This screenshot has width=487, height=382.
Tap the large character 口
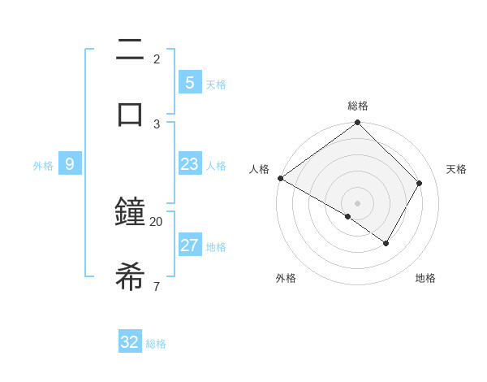130,114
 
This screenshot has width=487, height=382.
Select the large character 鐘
130,213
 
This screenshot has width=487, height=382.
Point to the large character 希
130,276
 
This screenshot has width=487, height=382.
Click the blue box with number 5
189,82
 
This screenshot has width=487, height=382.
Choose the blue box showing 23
189,165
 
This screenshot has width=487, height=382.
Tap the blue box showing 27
189,245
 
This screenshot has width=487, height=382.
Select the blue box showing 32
130,342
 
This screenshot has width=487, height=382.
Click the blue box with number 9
70,164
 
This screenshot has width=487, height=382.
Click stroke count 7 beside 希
156,286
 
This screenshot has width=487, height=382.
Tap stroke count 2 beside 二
157,59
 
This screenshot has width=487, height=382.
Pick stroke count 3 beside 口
157,124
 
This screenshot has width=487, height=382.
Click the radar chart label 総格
358,106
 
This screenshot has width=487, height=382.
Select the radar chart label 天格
456,169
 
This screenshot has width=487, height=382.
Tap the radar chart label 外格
286,278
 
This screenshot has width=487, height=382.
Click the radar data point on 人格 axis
280,178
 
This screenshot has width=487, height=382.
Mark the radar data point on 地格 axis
386,243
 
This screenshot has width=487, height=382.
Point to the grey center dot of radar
357,202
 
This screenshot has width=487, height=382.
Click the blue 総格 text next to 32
156,344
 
